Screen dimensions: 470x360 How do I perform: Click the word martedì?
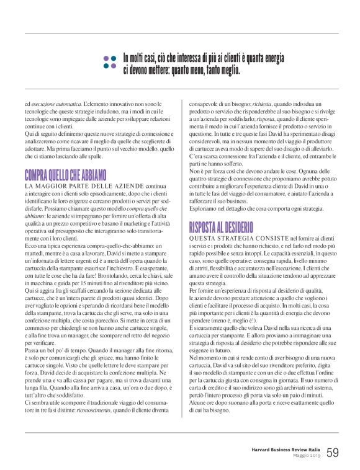pos(35,236)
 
